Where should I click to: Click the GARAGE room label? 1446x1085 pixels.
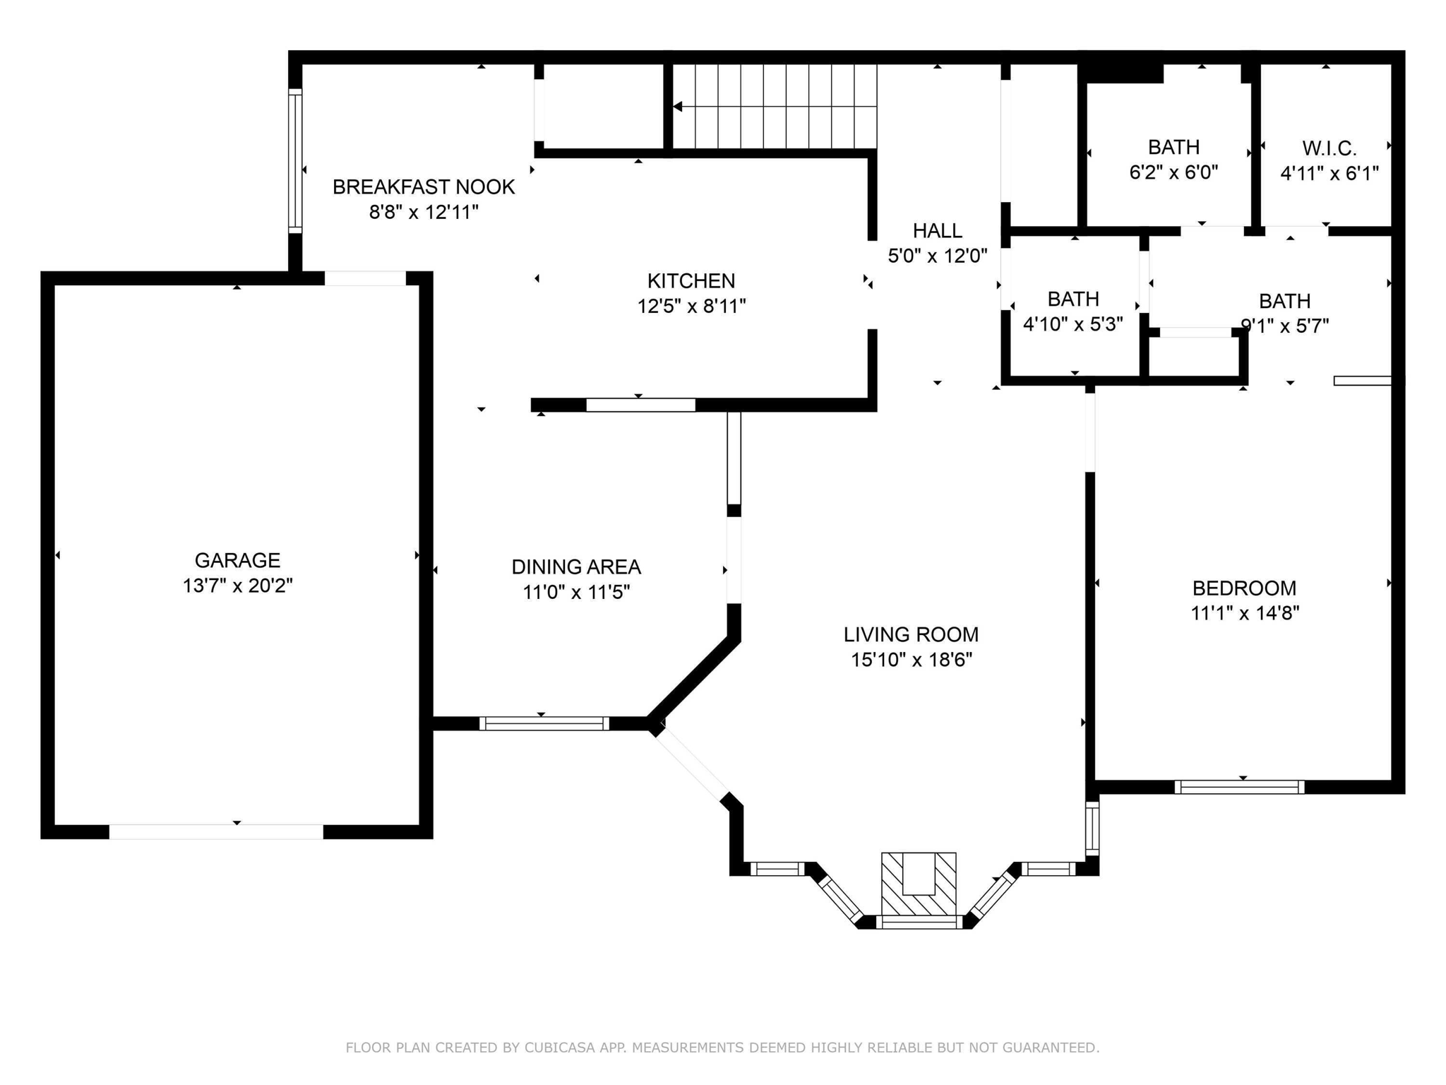237,560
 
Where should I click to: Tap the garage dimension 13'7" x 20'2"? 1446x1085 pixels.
237,586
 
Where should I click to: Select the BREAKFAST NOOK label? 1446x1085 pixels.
424,187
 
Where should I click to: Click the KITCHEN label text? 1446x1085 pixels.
691,281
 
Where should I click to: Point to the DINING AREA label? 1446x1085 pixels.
576,567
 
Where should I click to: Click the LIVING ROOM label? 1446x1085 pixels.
911,634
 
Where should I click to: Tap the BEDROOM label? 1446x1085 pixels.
1244,588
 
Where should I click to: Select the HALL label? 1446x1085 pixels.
937,231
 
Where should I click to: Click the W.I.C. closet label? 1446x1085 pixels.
1329,148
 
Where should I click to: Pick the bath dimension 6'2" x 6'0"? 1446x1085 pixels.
1173,172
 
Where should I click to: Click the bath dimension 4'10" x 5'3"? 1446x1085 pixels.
1072,324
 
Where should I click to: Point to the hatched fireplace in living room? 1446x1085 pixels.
919,884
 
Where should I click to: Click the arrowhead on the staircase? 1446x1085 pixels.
678,107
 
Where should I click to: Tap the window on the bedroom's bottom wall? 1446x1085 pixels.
1239,787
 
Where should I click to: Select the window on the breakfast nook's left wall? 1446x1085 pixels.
295,161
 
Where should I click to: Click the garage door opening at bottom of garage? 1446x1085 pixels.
216,831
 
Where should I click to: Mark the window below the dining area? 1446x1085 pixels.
544,723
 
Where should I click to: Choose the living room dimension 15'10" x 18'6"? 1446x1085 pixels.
911,660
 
